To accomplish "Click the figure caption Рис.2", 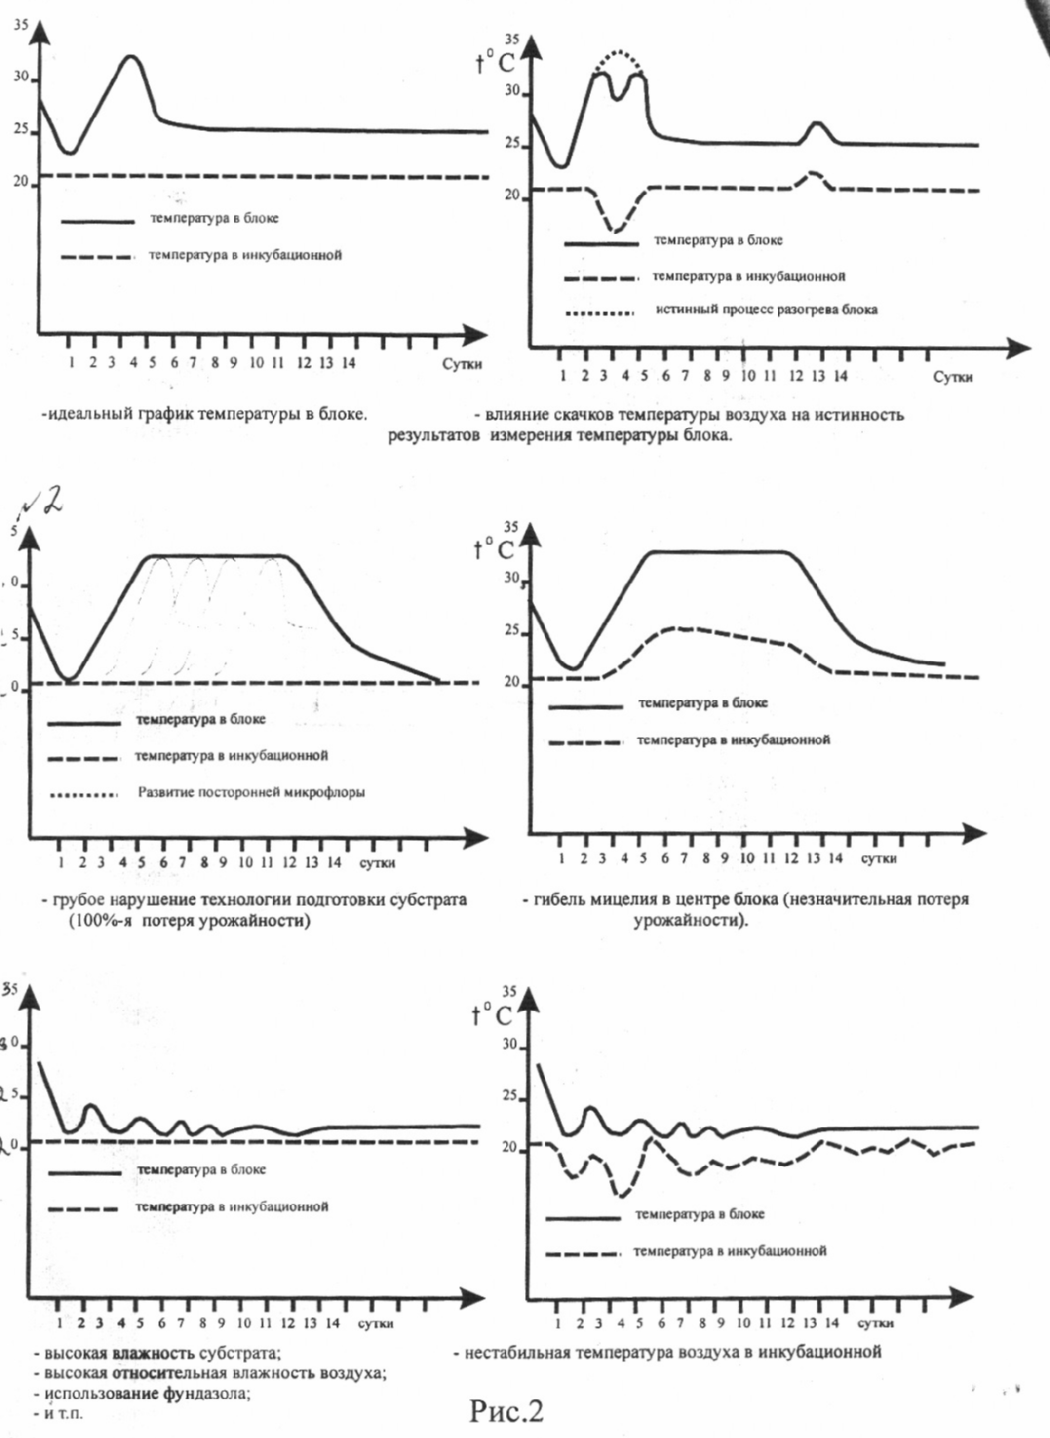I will [x=506, y=1410].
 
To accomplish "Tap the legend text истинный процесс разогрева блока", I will [x=766, y=310].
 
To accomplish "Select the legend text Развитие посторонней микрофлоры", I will [x=251, y=793].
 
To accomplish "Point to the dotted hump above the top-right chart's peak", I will [x=618, y=52].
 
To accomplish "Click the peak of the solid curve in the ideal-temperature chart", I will [x=132, y=57].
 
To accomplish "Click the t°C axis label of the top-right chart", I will [x=494, y=61].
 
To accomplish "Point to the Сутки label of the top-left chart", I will [x=462, y=364].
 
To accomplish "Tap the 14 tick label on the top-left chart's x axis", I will [x=348, y=363].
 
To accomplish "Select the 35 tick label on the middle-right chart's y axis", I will [x=511, y=527].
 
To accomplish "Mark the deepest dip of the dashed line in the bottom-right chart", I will [x=621, y=1195].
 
